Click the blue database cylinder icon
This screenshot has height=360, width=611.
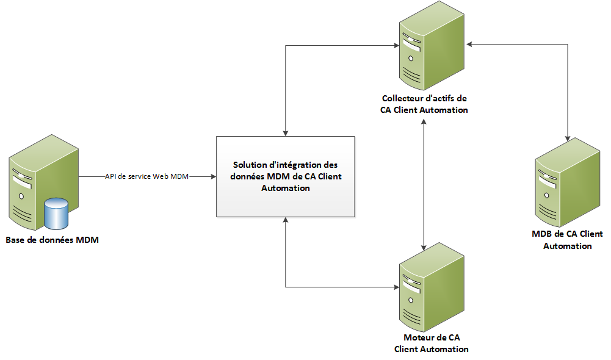tap(56, 212)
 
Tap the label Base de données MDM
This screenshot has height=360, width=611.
tap(52, 240)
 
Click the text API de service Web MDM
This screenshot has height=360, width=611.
tap(146, 177)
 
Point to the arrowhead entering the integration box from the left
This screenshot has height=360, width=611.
tap(213, 177)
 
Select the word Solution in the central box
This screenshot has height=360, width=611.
tap(248, 165)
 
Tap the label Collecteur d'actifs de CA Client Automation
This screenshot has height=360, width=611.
tap(425, 104)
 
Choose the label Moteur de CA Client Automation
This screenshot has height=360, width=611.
tap(432, 344)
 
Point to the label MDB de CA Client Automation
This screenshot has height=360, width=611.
tap(568, 240)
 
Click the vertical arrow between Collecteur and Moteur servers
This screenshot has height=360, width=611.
tap(424, 183)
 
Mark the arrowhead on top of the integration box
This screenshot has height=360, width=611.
tap(286, 132)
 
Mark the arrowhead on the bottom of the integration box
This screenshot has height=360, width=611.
tap(286, 220)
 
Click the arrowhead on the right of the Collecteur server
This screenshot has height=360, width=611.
tap(469, 44)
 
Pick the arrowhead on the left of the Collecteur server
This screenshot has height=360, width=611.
tap(396, 45)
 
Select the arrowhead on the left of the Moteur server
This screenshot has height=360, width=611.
tap(396, 287)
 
